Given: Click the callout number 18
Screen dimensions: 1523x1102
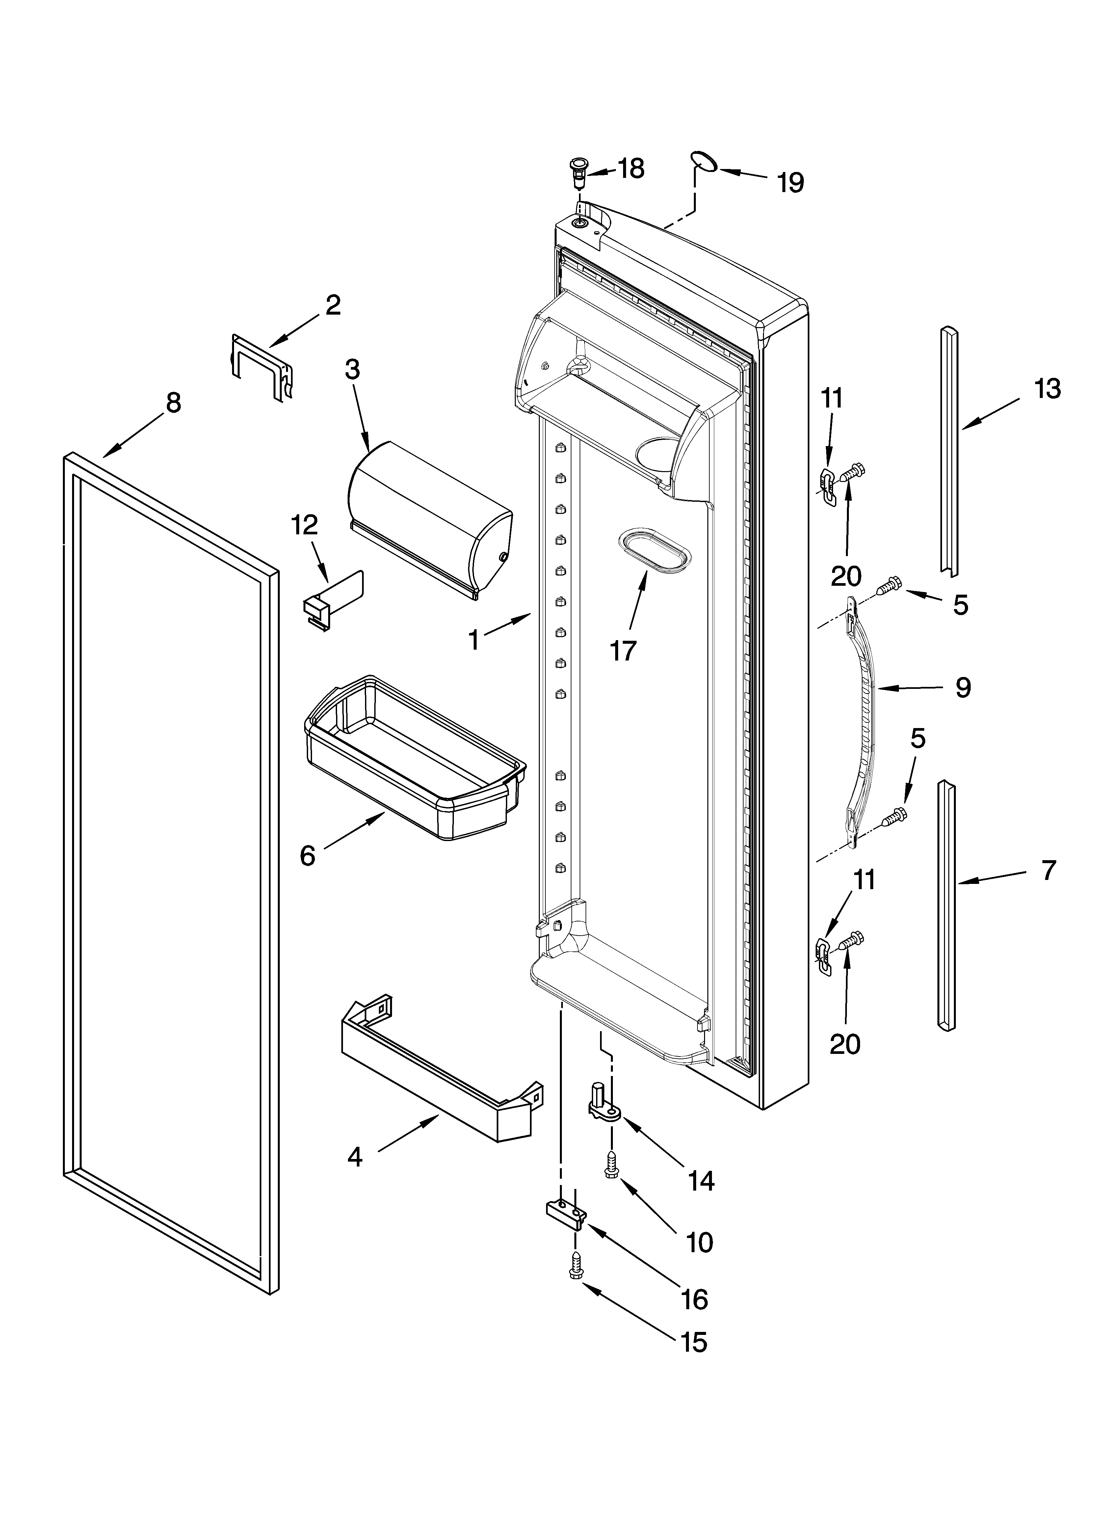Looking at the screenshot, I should tap(631, 169).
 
